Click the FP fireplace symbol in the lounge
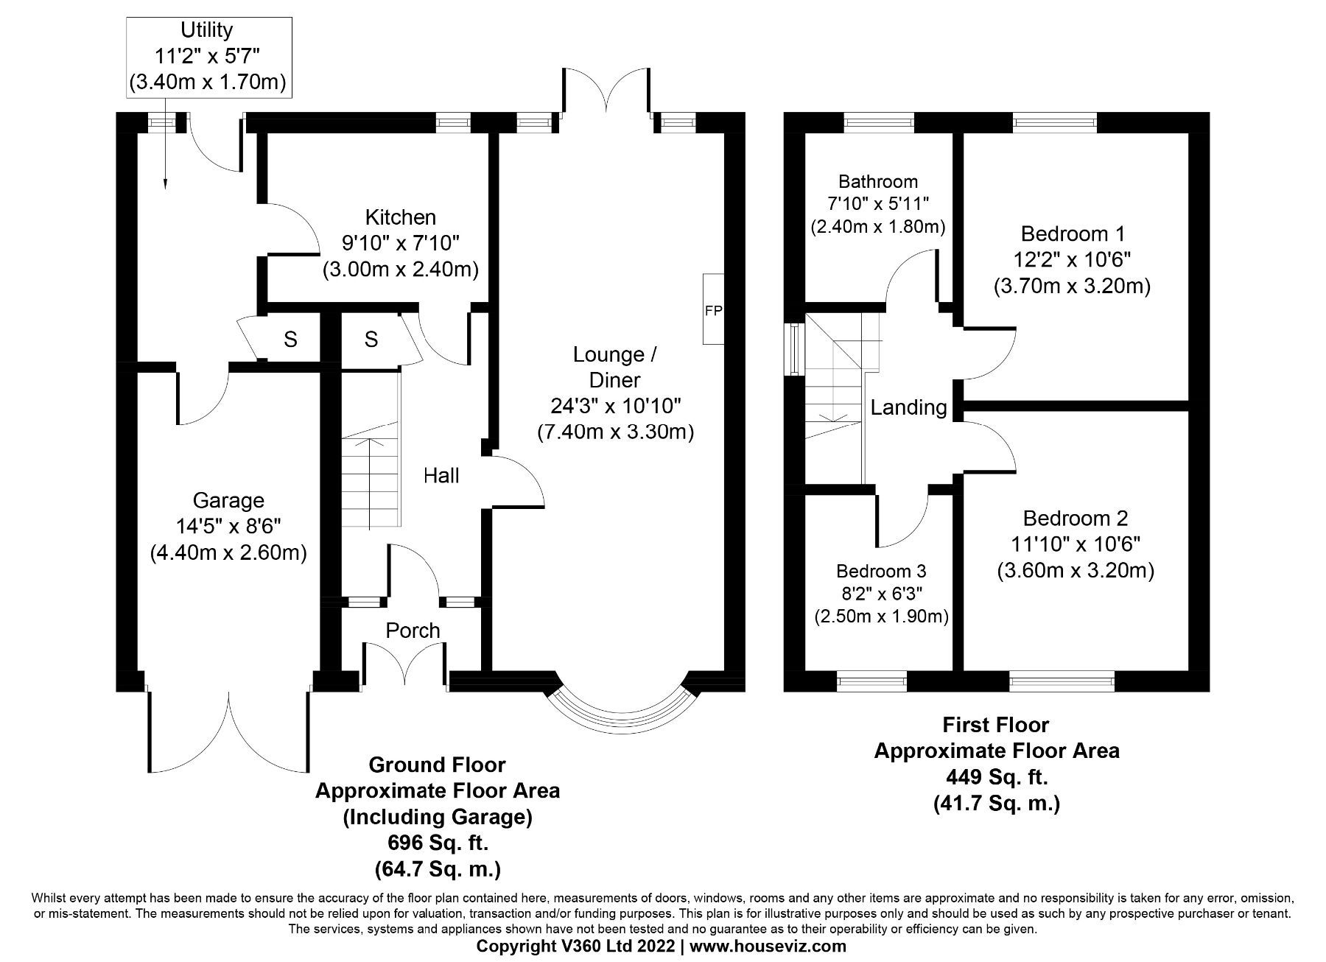(713, 310)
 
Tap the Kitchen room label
(400, 217)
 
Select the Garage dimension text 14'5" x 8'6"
(228, 526)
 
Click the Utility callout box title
(207, 30)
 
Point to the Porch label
(413, 631)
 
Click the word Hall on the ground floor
(441, 476)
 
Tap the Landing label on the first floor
(908, 407)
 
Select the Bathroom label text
(877, 181)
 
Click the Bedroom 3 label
(880, 571)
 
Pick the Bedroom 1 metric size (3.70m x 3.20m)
(1072, 285)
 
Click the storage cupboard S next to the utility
(290, 340)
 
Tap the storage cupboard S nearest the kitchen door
(371, 340)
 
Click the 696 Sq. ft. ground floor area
(437, 843)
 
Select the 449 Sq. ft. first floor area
(996, 776)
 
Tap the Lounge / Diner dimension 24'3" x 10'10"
(615, 405)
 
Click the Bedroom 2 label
(1075, 519)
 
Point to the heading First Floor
(995, 725)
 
